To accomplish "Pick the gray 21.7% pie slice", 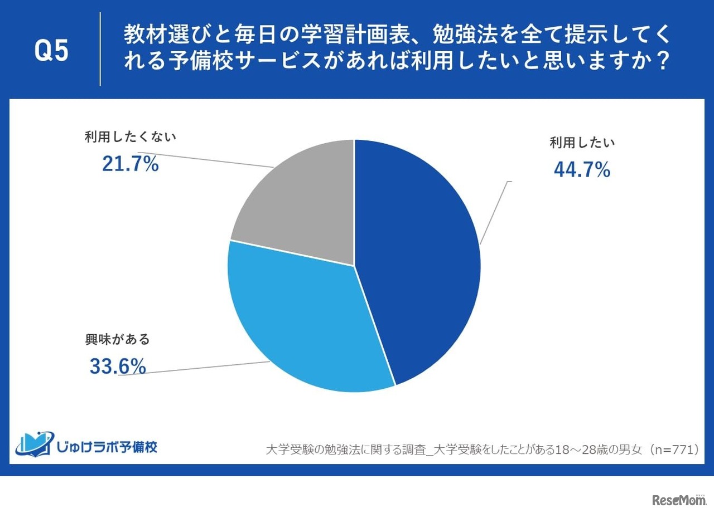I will [301, 206].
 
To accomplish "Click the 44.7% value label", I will [582, 170].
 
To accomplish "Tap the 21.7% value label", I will [131, 164].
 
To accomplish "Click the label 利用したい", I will [582, 143].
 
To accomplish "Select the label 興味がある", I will [118, 339].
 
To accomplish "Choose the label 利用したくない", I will [130, 137].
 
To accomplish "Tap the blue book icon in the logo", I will [35, 443].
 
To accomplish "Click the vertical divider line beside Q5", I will [100, 49].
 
